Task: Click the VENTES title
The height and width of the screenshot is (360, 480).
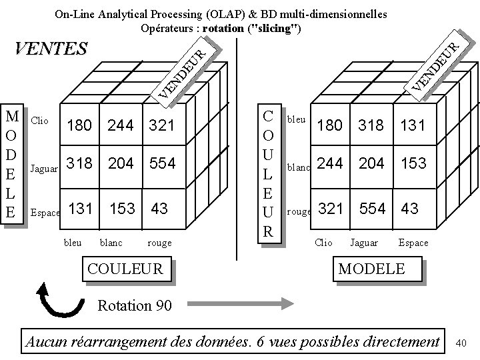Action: pos(51,49)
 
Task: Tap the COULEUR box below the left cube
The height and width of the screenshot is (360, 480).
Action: pos(125,269)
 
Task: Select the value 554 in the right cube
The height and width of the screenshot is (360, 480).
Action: pos(372,208)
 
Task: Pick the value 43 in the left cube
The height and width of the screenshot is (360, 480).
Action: pos(159,208)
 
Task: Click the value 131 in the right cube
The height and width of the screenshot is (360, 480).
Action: pos(412,125)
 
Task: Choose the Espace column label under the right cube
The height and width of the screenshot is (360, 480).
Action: pos(413,243)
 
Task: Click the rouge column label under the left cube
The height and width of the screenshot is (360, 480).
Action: pos(159,243)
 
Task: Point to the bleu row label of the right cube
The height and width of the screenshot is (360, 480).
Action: pos(296,119)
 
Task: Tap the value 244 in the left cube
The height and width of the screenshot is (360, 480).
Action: pos(121,125)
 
